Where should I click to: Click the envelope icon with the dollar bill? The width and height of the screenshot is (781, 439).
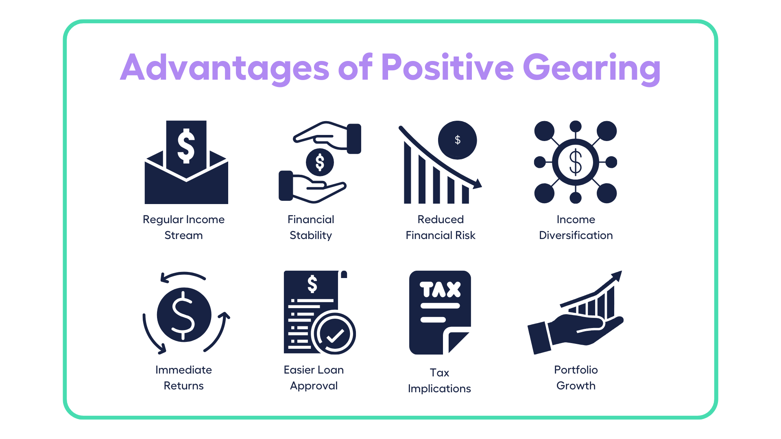click(186, 171)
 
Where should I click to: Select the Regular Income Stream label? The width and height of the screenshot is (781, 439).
click(183, 227)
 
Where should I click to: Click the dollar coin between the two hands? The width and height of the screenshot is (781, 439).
click(320, 162)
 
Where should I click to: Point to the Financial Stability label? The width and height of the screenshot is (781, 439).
click(311, 227)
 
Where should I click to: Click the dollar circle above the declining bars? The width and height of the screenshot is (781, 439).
click(457, 140)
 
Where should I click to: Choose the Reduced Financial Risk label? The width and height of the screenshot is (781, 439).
click(441, 227)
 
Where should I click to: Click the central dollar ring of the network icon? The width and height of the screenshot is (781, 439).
click(575, 162)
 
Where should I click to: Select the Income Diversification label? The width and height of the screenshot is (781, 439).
click(576, 227)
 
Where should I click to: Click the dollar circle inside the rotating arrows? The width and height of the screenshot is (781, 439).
click(184, 315)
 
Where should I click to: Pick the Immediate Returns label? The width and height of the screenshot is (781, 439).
click(183, 378)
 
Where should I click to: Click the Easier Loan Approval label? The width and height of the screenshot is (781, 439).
click(314, 378)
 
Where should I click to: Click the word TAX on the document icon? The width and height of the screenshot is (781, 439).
click(440, 289)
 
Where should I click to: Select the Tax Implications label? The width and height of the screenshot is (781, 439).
click(439, 380)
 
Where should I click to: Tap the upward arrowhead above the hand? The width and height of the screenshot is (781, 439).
click(616, 276)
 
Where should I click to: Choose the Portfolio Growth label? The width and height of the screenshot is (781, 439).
click(576, 378)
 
